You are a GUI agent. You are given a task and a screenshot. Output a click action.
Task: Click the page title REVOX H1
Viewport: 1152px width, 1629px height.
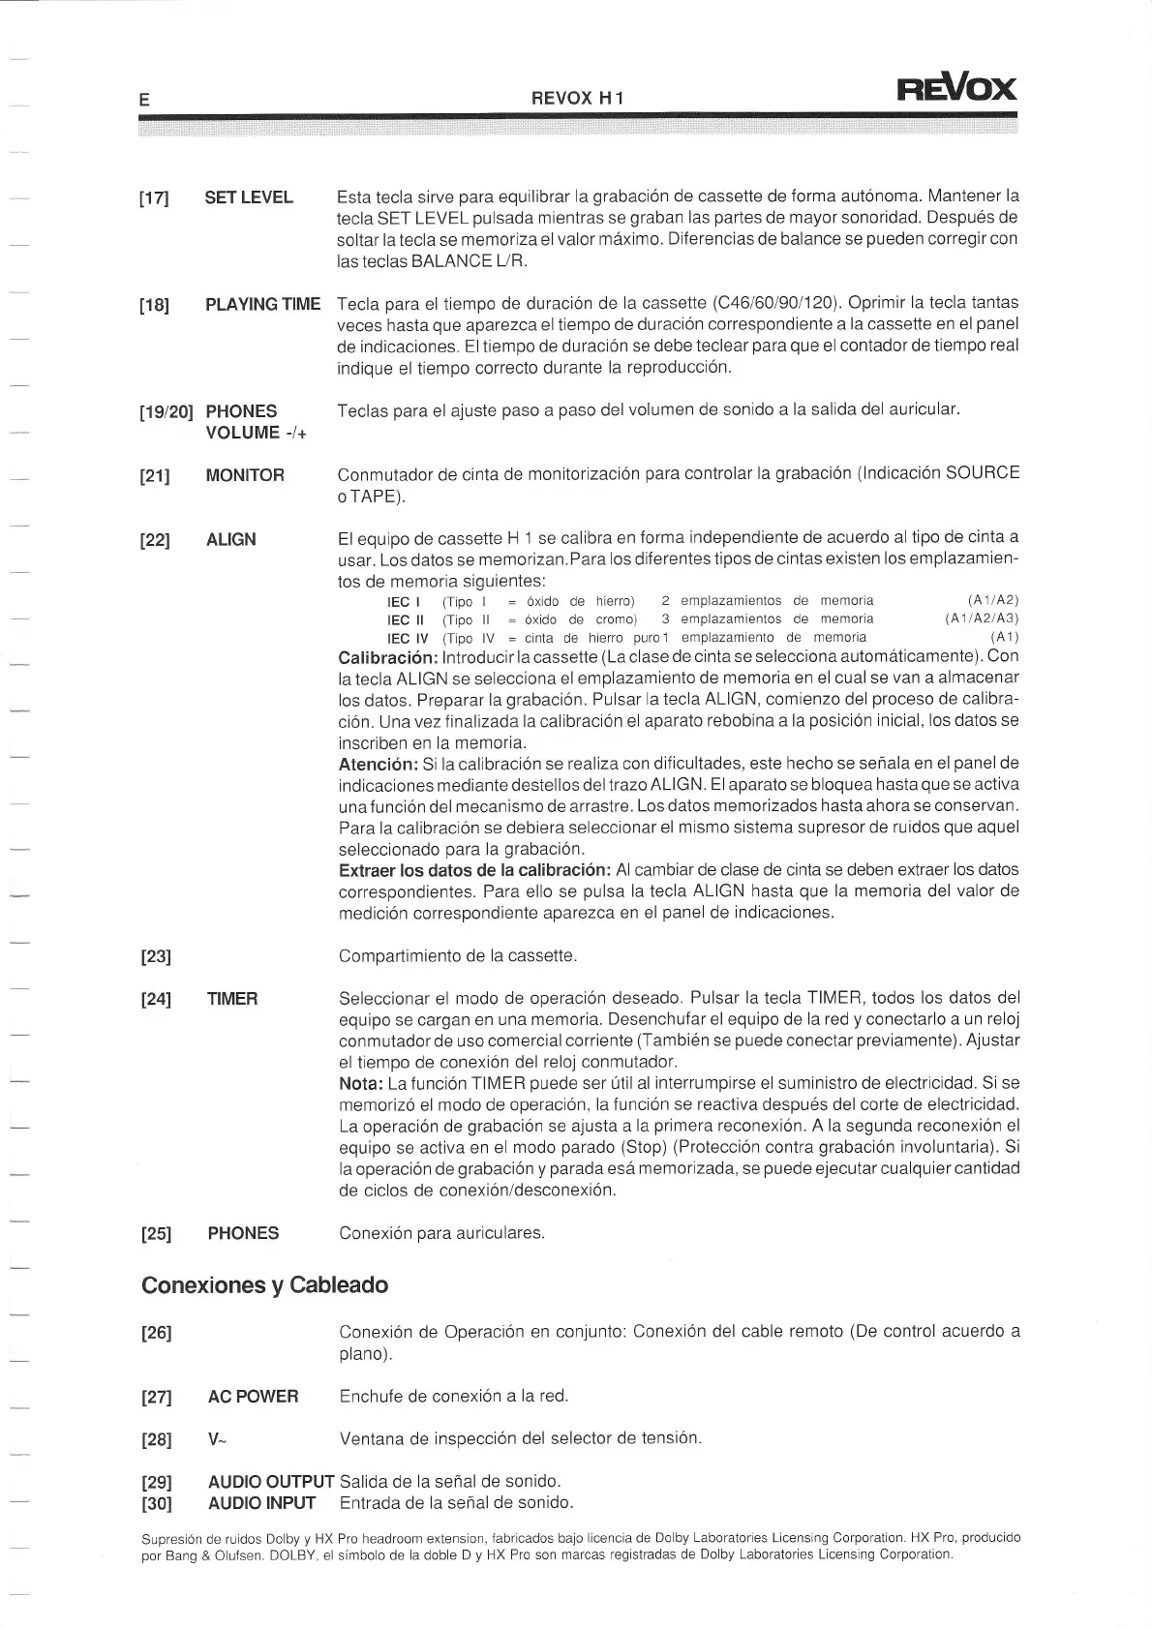[578, 98]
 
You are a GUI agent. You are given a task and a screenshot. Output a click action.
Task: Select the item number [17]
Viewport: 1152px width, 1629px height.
[155, 199]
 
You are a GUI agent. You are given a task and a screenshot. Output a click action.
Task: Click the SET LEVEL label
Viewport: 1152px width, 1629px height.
[249, 197]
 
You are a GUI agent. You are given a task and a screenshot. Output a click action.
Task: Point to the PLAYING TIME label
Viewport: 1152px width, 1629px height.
[262, 304]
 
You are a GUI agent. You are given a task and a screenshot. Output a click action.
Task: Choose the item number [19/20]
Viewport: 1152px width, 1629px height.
[167, 413]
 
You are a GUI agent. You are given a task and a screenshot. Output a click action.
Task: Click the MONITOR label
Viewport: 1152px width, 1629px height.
[245, 475]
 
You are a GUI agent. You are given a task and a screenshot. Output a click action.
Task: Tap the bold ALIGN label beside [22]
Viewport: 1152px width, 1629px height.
[230, 539]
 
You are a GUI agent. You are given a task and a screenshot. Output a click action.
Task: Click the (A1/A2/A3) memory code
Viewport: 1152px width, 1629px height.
[982, 618]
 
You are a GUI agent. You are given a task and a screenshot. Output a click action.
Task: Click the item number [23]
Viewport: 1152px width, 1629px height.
[156, 957]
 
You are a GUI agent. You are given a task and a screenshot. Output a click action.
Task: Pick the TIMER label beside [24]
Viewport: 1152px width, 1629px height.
[232, 999]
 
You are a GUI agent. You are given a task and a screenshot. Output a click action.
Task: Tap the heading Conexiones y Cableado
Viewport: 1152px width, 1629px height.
[264, 1285]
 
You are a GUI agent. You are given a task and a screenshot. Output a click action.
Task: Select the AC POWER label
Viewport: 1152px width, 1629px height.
[253, 1396]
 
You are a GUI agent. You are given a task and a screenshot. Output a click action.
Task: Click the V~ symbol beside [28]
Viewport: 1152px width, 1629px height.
[215, 1439]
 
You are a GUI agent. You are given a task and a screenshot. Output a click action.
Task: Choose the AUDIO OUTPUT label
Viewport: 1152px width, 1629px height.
[271, 1482]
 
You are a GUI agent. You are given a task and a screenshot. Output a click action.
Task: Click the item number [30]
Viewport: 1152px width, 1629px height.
[156, 1504]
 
